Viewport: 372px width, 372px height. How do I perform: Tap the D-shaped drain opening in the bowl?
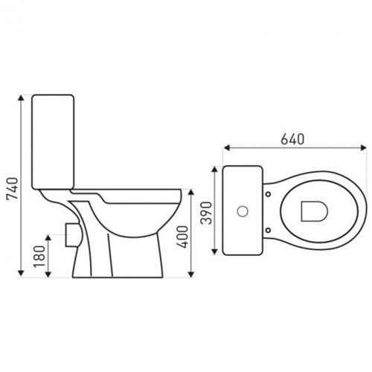313,211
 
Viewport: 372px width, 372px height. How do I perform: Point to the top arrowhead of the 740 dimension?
19,97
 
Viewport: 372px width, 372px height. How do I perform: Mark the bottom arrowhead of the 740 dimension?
19,275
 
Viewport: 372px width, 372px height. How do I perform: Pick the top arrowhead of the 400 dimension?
193,189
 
